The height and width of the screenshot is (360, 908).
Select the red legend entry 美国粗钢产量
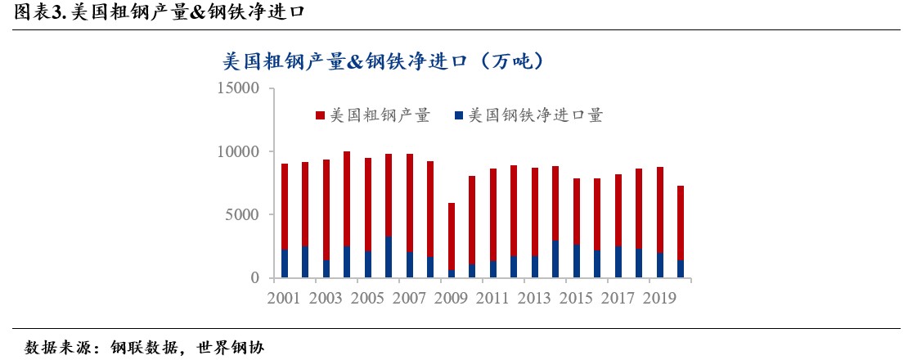point(372,115)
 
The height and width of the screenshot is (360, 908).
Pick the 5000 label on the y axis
point(242,215)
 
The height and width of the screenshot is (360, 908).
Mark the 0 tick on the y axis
point(254,278)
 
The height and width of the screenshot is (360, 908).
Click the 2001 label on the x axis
point(284,299)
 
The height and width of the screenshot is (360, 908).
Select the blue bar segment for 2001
point(284,263)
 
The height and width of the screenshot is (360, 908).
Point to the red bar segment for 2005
point(368,205)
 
